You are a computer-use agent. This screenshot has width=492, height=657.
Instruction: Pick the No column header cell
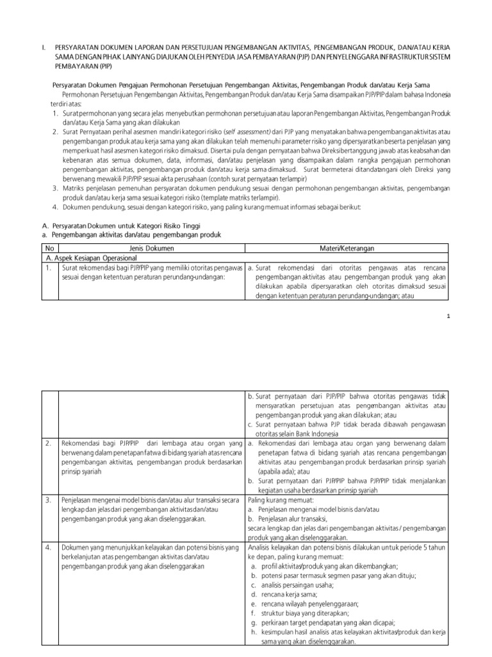[49, 247]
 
